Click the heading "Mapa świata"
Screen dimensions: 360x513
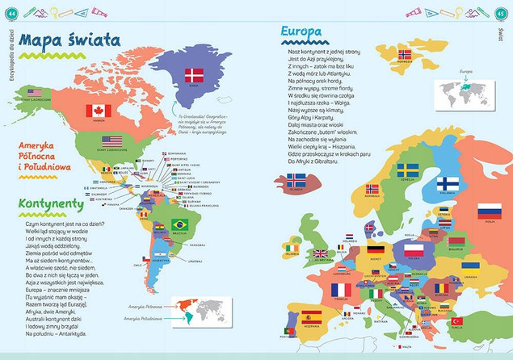click(x=69, y=40)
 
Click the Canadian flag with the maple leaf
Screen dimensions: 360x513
click(x=99, y=110)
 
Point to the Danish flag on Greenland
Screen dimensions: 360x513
click(x=194, y=75)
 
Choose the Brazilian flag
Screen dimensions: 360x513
click(x=179, y=224)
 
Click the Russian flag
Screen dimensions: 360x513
click(x=489, y=211)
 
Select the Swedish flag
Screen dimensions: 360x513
click(x=407, y=170)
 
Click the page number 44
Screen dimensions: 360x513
click(x=11, y=11)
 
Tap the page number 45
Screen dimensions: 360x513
click(x=502, y=11)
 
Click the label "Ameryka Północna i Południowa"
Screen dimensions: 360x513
click(x=45, y=157)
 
